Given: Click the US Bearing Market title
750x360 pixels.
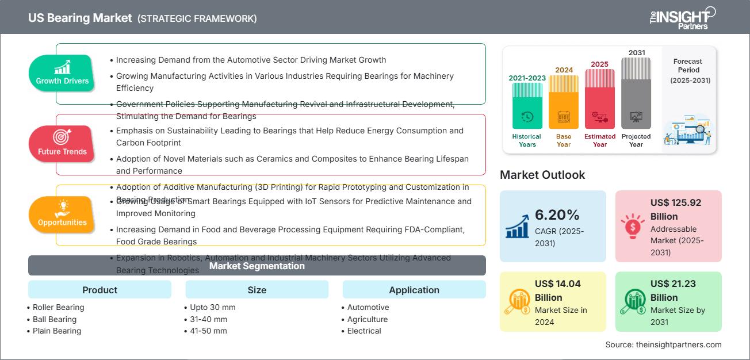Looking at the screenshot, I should [x=80, y=18].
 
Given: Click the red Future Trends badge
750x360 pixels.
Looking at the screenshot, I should [x=62, y=144].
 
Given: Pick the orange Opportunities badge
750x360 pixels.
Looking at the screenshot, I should [x=62, y=215].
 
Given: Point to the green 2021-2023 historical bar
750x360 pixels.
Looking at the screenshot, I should [x=527, y=106].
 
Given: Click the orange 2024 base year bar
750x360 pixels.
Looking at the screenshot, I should [x=564, y=102].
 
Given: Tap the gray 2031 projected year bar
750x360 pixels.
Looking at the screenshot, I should [x=636, y=93].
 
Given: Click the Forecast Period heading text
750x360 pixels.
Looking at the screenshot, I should [x=688, y=66].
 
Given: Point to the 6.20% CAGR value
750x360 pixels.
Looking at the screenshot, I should [x=557, y=215].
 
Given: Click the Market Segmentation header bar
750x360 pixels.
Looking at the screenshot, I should [x=257, y=266].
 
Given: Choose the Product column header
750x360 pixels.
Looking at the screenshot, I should [x=100, y=290].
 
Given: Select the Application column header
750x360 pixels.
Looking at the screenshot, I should [x=414, y=290].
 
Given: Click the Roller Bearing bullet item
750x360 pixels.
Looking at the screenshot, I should [x=58, y=307].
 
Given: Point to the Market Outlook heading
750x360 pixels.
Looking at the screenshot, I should [x=542, y=175].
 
